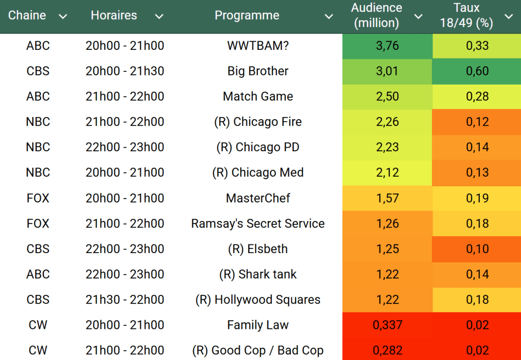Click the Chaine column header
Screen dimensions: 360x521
point(27,15)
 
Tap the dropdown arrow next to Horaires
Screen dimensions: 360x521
point(159,16)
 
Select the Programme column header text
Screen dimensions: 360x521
point(247,15)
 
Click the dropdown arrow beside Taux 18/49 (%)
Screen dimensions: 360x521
point(508,16)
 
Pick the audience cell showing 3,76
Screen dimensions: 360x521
point(387,46)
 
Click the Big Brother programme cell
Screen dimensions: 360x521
point(258,71)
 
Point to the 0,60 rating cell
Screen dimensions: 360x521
point(477,71)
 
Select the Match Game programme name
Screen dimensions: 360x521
point(258,96)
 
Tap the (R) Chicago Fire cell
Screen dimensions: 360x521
point(258,122)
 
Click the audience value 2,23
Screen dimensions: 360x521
point(387,147)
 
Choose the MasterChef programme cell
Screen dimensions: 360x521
point(258,198)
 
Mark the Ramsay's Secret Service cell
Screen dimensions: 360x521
point(258,224)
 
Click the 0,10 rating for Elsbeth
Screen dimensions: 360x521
point(477,249)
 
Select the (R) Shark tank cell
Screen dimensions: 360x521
point(258,274)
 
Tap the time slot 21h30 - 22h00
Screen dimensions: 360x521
point(125,300)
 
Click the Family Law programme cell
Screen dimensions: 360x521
point(258,325)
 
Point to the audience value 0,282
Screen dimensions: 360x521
point(387,350)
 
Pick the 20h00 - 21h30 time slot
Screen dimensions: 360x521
point(125,71)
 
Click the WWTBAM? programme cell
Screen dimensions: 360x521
point(258,46)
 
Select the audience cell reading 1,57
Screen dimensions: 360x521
point(387,198)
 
